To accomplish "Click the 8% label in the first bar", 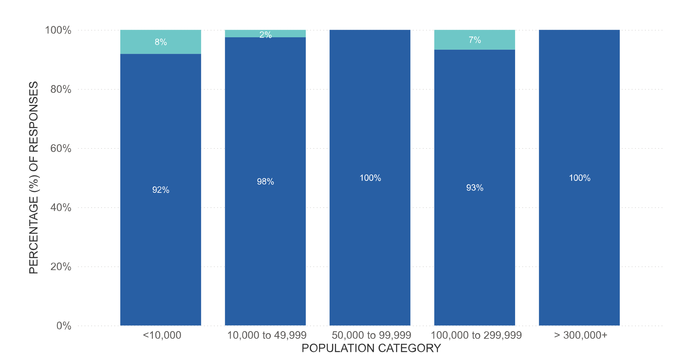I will click(x=161, y=42).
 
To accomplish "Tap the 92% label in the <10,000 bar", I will click(x=161, y=190).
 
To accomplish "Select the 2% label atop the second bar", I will click(x=265, y=35).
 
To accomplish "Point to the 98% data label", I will click(x=265, y=181).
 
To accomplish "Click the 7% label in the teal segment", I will click(x=475, y=40).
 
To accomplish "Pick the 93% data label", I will click(x=475, y=188).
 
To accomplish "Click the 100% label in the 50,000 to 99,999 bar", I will click(x=370, y=178).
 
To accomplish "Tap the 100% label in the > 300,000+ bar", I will click(x=579, y=178).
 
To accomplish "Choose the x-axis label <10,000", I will click(x=162, y=335).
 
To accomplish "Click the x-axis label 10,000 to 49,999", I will click(x=267, y=335).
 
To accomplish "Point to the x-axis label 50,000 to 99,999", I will click(x=371, y=335).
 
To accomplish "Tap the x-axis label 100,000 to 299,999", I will click(x=476, y=335).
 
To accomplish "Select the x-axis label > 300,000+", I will click(x=580, y=335).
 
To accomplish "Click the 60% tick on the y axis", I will click(x=61, y=149).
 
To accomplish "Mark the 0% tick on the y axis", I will click(x=64, y=326).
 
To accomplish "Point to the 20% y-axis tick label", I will click(x=61, y=267).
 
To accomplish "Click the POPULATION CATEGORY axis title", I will click(x=371, y=348).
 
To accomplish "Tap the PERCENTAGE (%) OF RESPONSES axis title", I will click(x=34, y=177).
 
